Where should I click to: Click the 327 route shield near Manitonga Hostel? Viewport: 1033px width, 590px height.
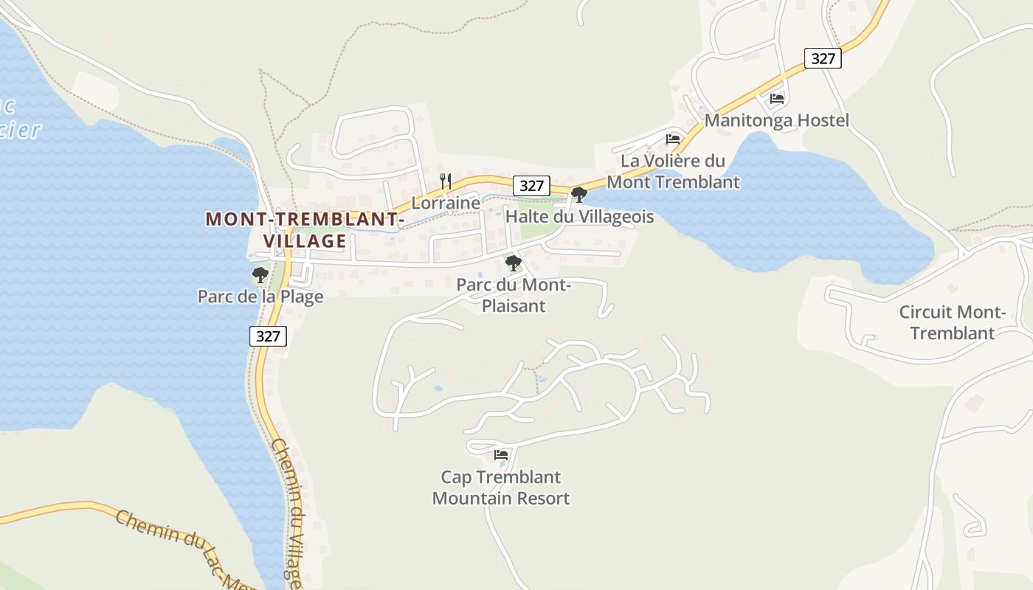click(x=822, y=58)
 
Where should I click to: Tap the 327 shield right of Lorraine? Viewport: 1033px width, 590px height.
click(x=531, y=185)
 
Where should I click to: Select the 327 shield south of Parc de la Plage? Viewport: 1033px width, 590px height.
click(x=268, y=336)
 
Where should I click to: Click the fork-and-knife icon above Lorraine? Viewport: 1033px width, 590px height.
click(x=446, y=181)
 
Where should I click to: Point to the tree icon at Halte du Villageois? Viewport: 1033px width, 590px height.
click(x=579, y=195)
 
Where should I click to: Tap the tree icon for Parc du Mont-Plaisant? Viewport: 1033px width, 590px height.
click(x=513, y=263)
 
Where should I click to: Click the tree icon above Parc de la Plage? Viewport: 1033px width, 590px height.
click(x=260, y=275)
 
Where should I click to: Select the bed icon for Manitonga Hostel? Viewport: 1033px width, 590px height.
click(x=777, y=98)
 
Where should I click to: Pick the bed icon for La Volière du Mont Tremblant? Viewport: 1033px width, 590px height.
click(x=673, y=139)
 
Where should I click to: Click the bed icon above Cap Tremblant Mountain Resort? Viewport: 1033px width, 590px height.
click(x=502, y=455)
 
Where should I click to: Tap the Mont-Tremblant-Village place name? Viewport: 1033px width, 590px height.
click(x=305, y=230)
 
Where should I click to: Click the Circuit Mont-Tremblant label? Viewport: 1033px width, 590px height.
click(x=952, y=322)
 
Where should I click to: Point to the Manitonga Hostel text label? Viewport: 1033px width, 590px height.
click(x=777, y=120)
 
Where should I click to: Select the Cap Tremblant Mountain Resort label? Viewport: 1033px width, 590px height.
click(x=501, y=487)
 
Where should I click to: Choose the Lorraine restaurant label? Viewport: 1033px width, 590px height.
click(x=446, y=203)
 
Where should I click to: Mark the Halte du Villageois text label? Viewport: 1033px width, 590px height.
click(x=579, y=217)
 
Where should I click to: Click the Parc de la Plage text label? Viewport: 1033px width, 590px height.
click(x=260, y=296)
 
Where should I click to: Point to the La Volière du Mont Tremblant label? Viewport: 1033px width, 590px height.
click(x=673, y=171)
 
